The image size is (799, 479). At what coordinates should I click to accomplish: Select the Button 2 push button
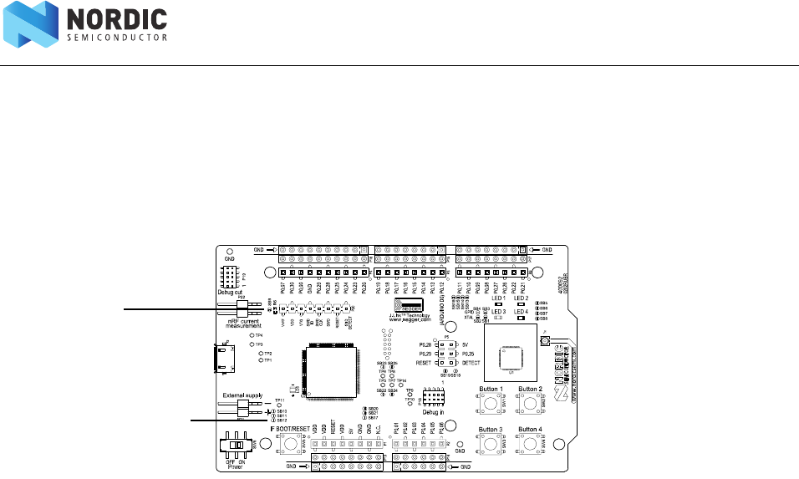529,404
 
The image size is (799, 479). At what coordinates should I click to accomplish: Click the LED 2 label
521,298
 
